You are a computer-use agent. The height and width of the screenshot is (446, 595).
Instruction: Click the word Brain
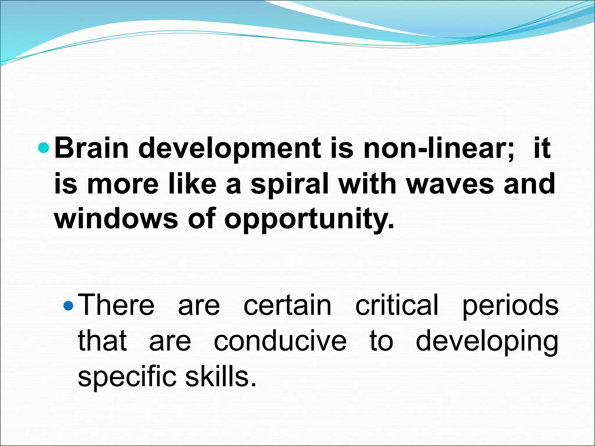91,148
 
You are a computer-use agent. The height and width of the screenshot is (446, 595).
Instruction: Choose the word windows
116,218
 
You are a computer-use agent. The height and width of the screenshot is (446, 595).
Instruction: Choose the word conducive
280,341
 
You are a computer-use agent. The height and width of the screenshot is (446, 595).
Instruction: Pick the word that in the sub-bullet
102,341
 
